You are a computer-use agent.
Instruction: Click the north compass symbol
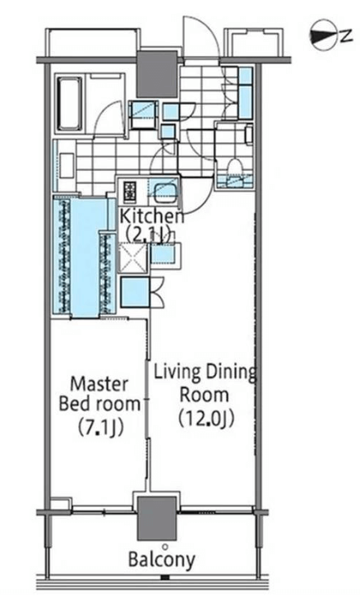(324, 36)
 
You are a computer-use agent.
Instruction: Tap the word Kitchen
(152, 215)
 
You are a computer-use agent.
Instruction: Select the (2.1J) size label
(149, 234)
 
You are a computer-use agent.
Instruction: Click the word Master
(99, 384)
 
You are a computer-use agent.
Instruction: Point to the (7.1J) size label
(100, 427)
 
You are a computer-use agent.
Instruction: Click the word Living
(178, 372)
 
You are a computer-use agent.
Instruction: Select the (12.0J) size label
(206, 418)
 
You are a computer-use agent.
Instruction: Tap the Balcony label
(162, 559)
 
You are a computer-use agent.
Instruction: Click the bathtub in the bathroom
(70, 104)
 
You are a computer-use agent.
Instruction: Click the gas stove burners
(130, 192)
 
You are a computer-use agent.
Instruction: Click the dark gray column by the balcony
(157, 518)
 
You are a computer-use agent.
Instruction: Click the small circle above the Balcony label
(165, 547)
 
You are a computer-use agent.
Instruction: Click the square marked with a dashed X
(132, 258)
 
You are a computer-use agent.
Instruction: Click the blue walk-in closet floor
(85, 257)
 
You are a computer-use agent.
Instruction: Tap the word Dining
(230, 372)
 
